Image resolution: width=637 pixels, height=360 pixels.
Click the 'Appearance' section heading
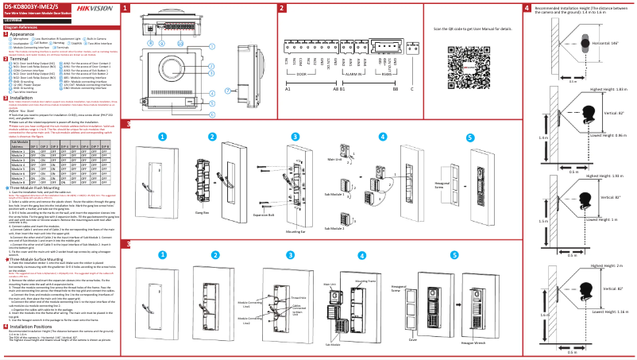[x=23, y=35]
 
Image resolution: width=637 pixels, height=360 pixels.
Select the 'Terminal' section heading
[x=20, y=58]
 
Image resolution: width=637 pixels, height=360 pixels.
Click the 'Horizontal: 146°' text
[x=606, y=43]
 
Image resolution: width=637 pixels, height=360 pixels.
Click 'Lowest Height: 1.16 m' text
[x=606, y=335]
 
